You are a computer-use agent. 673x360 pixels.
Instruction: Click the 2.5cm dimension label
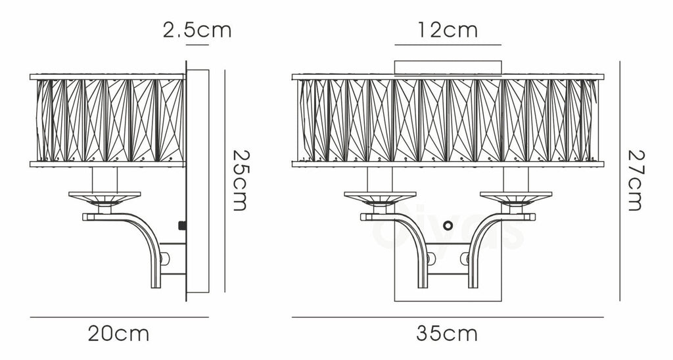197,30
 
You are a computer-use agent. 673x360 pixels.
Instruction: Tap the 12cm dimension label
447,30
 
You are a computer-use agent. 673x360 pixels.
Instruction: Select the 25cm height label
239,180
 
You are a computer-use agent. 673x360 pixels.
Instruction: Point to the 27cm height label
634,180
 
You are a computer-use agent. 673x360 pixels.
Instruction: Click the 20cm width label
119,334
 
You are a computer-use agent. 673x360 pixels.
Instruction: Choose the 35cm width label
447,334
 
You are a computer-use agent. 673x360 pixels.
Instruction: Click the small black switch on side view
182,226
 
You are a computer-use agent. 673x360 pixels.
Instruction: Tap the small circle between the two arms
448,225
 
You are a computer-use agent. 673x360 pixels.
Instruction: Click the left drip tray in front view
381,195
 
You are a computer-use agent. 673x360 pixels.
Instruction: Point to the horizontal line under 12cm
447,45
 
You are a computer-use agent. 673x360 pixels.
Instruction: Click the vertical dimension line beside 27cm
619,180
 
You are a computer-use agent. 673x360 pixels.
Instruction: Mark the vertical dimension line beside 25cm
225,180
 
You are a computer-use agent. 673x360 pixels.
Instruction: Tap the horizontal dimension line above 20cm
119,317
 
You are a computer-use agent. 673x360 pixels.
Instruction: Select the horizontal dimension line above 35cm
447,317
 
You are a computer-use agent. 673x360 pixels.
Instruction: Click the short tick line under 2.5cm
197,45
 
